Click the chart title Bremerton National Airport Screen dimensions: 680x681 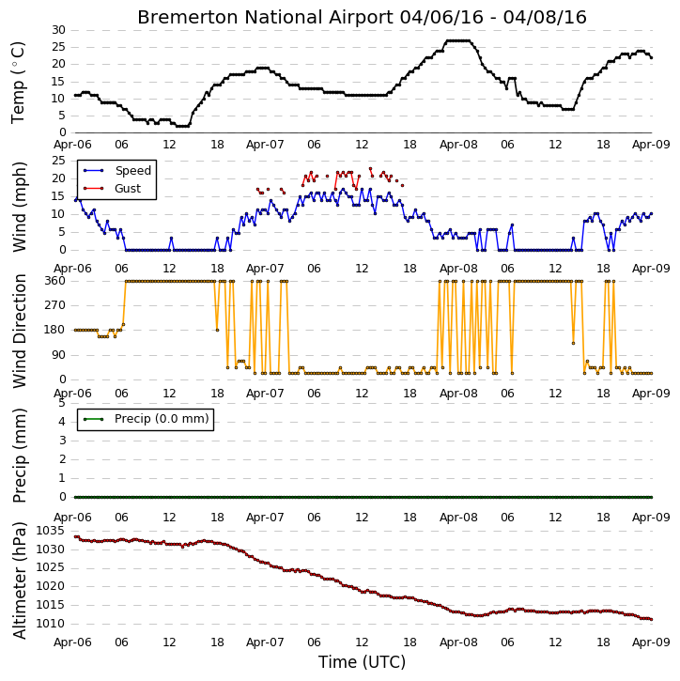[x=265, y=17]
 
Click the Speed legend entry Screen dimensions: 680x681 [x=117, y=171]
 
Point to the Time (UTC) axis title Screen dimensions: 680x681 [x=362, y=662]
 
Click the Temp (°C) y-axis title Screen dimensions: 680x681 [x=18, y=83]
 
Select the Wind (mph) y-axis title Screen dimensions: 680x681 [x=20, y=207]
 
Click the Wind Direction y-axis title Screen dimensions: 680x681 [x=20, y=331]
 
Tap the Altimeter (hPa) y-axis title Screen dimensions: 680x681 [x=20, y=580]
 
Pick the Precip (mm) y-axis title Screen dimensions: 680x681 [x=20, y=456]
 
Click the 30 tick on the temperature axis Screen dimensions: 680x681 [x=58, y=30]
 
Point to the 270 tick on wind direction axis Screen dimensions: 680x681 [x=55, y=305]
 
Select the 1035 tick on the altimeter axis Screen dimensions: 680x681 [x=51, y=531]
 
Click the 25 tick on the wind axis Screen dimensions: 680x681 [x=58, y=161]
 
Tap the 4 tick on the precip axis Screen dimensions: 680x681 [x=62, y=422]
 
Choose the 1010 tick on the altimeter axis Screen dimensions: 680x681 [x=51, y=624]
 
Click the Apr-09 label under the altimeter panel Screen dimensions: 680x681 [x=651, y=642]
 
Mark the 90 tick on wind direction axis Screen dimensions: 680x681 [x=58, y=355]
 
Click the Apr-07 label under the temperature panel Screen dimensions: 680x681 [x=265, y=145]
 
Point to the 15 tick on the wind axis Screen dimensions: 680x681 [x=58, y=196]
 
